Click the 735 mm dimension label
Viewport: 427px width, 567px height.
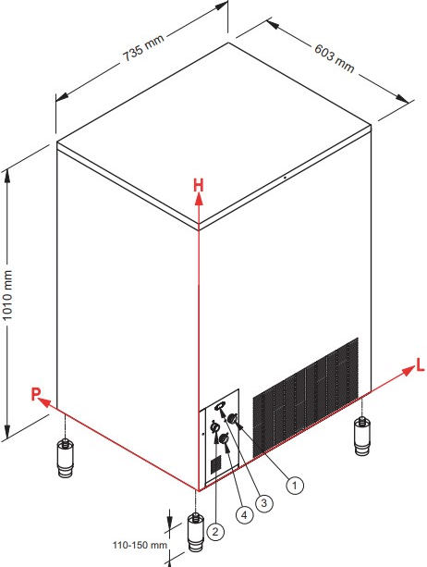click(143, 48)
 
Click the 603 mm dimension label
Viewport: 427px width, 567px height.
click(335, 58)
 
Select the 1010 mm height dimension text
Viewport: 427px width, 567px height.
click(7, 295)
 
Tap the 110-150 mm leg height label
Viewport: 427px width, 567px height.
click(140, 545)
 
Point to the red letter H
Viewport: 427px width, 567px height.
click(199, 185)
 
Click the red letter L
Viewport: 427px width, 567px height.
click(421, 365)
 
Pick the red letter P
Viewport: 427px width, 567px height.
click(35, 394)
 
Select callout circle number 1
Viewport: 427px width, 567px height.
click(295, 485)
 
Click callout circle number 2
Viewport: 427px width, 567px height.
click(215, 532)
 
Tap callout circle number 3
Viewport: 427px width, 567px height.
click(264, 502)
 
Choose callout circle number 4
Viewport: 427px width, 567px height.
click(244, 514)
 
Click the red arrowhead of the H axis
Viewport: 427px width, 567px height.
click(199, 200)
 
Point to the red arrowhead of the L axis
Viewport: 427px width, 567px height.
click(409, 371)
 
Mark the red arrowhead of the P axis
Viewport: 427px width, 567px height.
click(43, 401)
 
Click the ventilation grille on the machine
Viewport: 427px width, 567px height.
click(306, 398)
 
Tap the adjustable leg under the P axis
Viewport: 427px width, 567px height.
click(65, 458)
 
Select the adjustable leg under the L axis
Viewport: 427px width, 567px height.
click(362, 436)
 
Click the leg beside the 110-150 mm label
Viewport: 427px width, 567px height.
click(195, 533)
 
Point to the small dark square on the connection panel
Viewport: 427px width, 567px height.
click(215, 464)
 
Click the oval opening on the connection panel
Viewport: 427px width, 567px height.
click(219, 407)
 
